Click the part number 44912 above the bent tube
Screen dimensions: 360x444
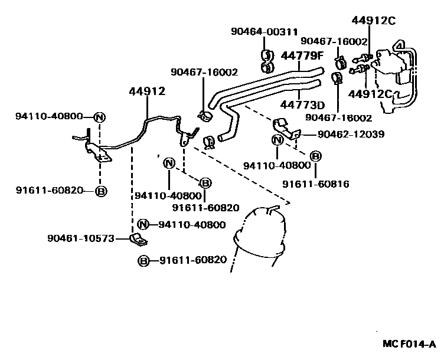[147, 91]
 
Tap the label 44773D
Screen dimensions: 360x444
[302, 105]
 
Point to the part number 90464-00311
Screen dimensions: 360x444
[264, 31]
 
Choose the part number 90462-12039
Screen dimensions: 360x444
[350, 135]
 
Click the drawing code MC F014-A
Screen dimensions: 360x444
[408, 343]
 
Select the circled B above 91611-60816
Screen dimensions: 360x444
[316, 156]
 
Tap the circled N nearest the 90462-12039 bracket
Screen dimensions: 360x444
[277, 140]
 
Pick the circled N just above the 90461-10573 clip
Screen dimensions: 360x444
[143, 224]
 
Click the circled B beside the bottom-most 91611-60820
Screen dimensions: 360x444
[143, 260]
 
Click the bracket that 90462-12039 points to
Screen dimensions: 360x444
[285, 128]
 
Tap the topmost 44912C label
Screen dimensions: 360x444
[373, 21]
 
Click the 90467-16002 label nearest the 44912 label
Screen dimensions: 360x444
[204, 72]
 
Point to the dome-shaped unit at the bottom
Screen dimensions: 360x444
[260, 233]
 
